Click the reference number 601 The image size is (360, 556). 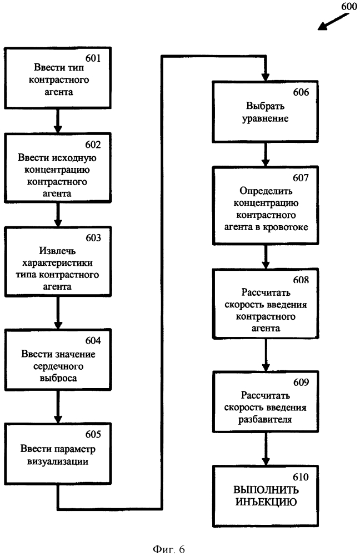click(93, 58)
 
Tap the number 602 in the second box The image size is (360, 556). click(93, 145)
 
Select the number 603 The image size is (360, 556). click(93, 238)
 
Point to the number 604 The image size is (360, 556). click(93, 341)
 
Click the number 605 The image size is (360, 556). click(93, 434)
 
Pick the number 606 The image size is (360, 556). click(301, 92)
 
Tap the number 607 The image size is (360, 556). click(301, 178)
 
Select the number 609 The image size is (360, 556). click(301, 383)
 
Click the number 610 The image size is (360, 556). click(301, 477)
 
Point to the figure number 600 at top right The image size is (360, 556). click(349, 6)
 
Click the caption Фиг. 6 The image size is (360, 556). click(169, 549)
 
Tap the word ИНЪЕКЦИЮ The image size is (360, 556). click(266, 502)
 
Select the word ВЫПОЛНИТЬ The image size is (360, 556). click(266, 490)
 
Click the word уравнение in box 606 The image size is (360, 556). click(266, 119)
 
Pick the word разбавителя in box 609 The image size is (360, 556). click(265, 420)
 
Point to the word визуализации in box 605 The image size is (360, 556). click(58, 461)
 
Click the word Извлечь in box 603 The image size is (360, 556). click(57, 251)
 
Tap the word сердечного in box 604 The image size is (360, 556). click(58, 366)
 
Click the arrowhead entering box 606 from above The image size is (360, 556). click(266, 77)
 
